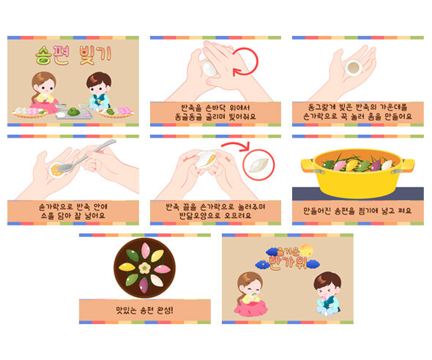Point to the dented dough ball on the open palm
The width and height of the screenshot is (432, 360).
353,67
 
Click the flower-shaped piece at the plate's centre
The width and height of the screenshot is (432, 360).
145,268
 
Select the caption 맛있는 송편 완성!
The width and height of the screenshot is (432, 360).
145,310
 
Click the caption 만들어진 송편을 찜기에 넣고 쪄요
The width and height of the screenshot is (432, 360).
357,210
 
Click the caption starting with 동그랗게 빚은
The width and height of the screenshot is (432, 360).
357,110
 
